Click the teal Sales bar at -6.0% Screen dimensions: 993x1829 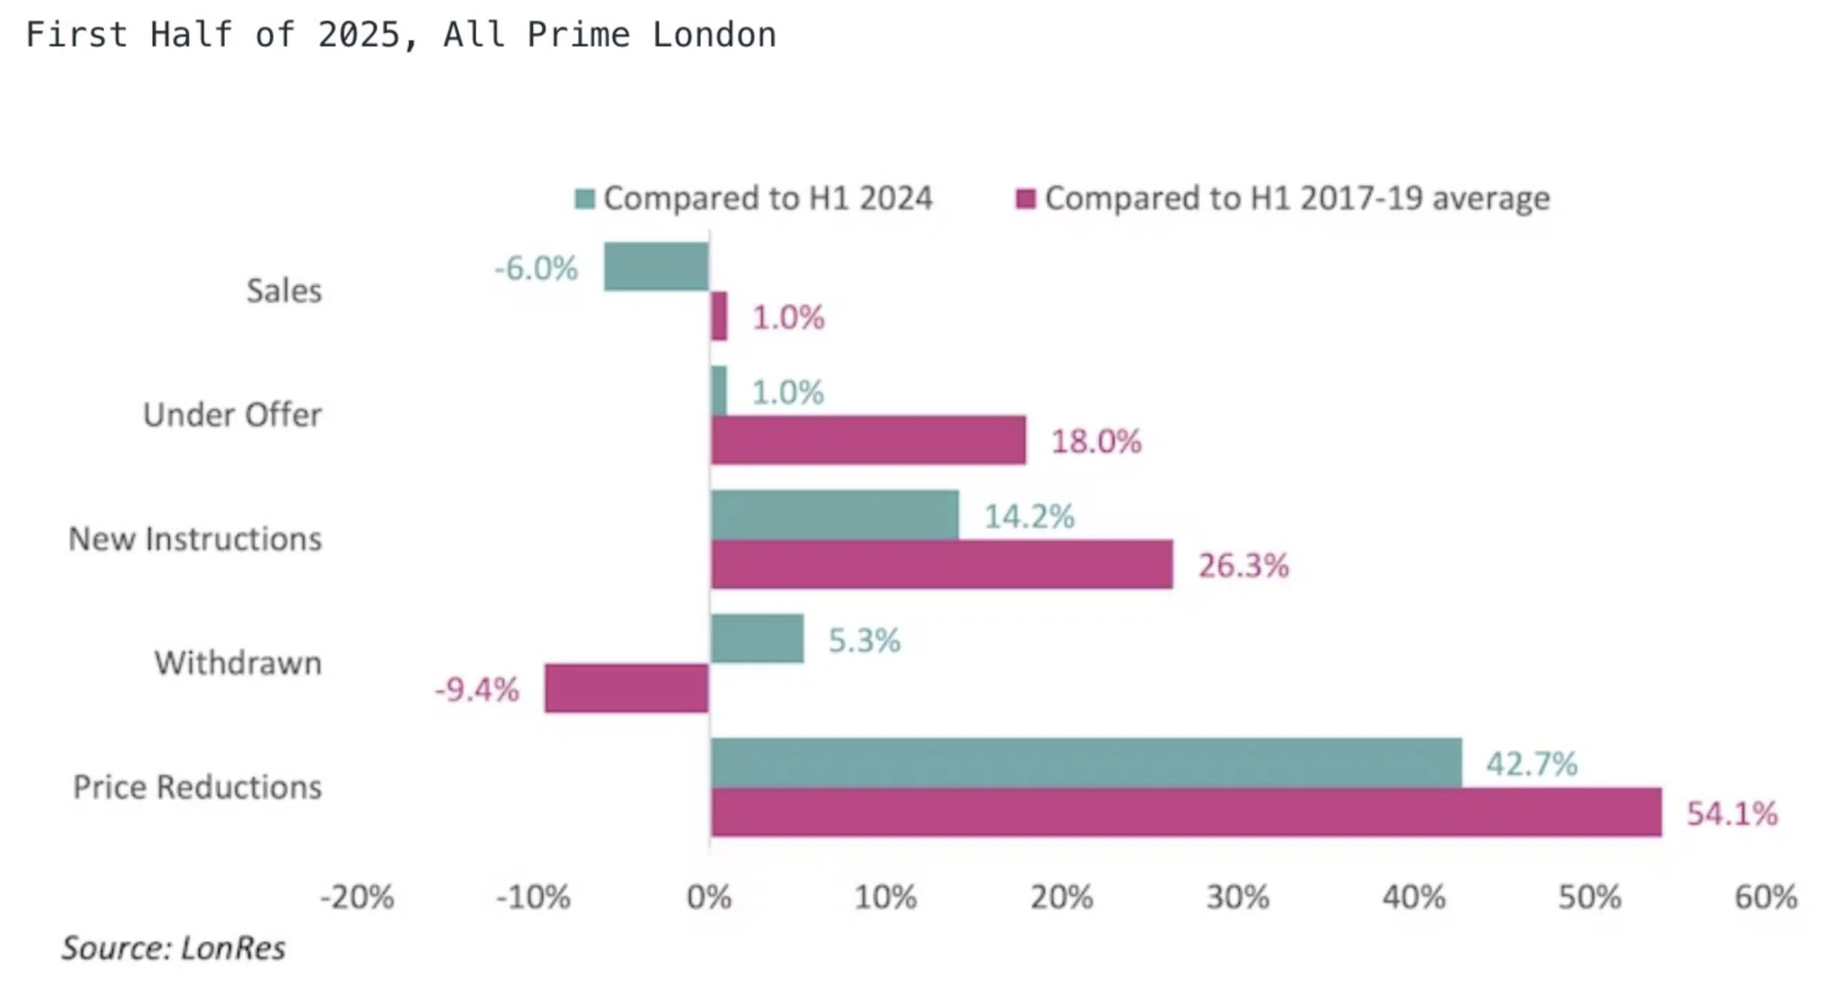click(x=656, y=267)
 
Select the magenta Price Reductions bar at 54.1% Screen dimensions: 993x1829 click(x=1186, y=812)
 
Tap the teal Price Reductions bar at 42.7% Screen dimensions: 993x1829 click(x=1086, y=762)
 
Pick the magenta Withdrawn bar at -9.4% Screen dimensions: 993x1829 click(x=627, y=688)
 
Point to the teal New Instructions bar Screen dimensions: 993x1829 click(x=834, y=515)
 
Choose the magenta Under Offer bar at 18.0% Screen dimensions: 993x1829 click(x=868, y=440)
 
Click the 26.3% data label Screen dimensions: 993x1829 click(x=1243, y=565)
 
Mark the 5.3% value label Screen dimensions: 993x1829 click(x=864, y=640)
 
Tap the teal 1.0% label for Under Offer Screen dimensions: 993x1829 click(x=787, y=392)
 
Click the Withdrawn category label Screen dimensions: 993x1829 click(x=238, y=663)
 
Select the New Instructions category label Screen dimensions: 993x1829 click(x=195, y=538)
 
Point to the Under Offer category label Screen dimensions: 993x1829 click(x=232, y=415)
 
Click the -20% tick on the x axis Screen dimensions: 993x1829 click(x=357, y=897)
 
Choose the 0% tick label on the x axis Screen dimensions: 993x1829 click(x=709, y=897)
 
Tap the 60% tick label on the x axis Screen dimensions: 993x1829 click(x=1765, y=897)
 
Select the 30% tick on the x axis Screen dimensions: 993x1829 click(x=1237, y=897)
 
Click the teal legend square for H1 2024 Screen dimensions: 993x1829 click(x=584, y=199)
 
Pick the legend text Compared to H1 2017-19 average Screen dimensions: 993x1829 click(x=1297, y=198)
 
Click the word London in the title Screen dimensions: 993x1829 click(x=714, y=34)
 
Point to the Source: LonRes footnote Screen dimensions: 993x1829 click(x=174, y=948)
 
